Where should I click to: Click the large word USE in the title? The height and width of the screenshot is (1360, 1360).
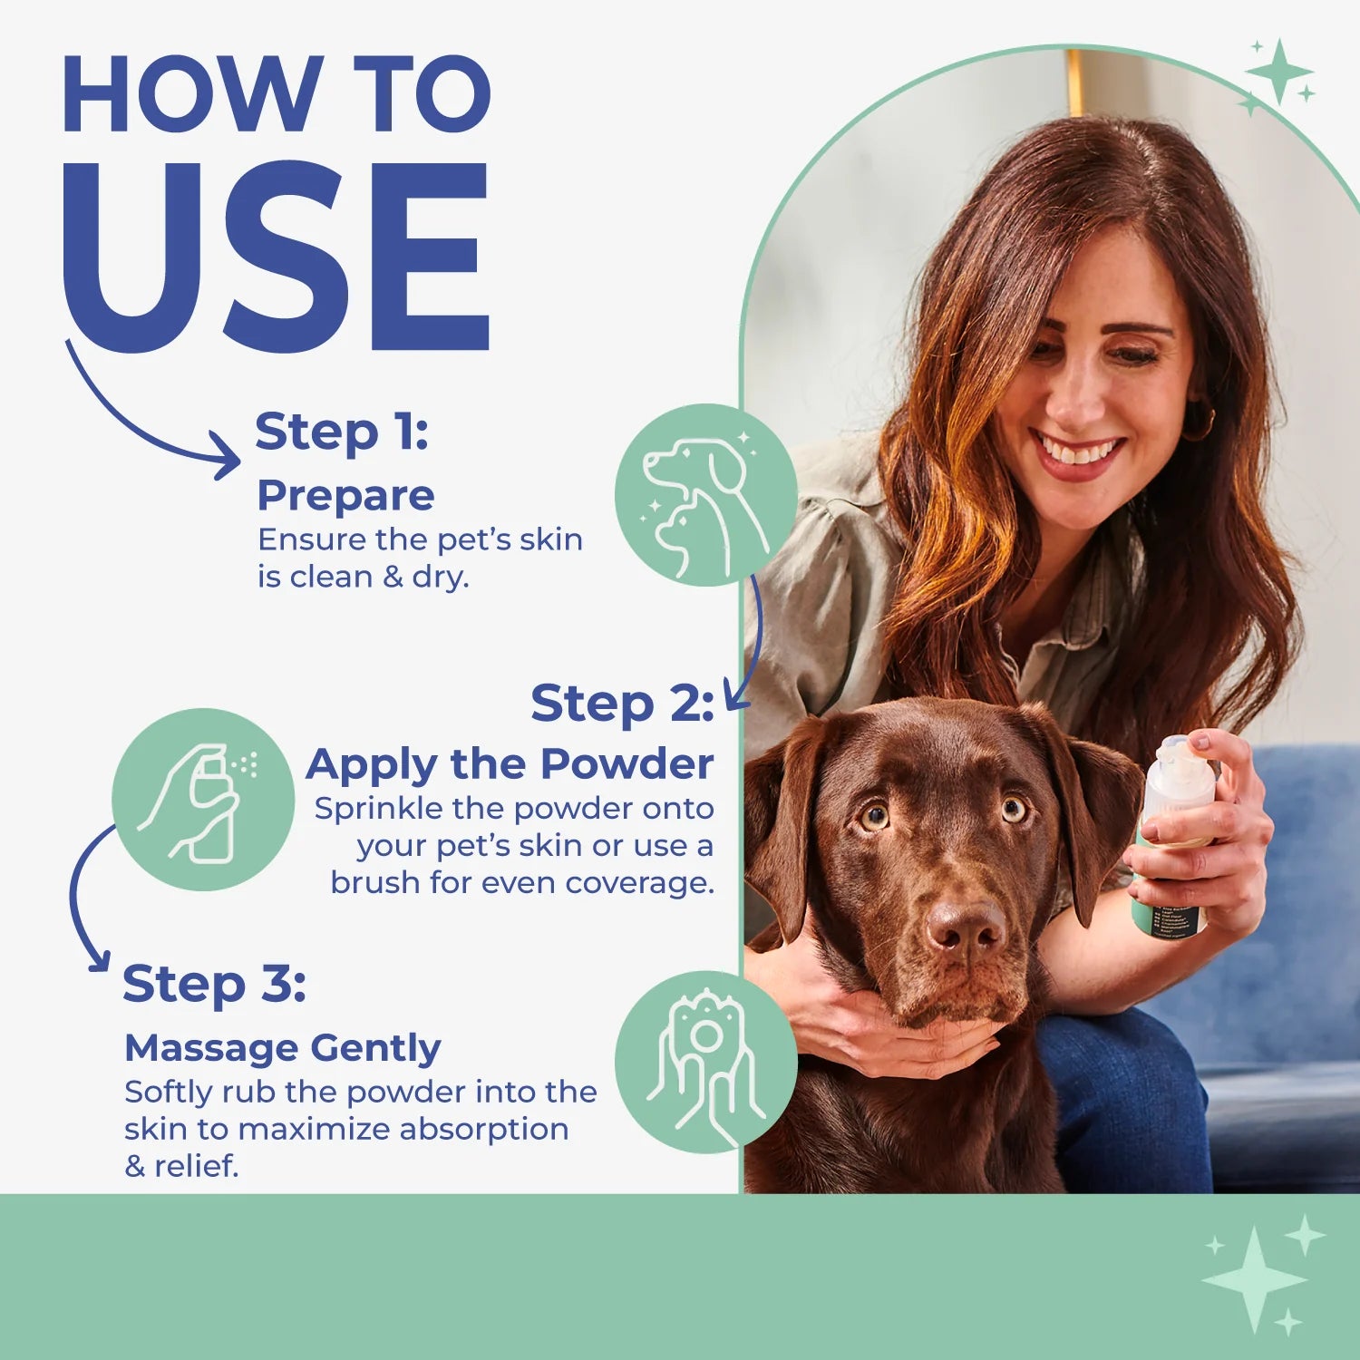pos(277,258)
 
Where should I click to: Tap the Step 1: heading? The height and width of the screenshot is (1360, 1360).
pos(341,432)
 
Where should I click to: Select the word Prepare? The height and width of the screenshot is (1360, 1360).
pos(345,496)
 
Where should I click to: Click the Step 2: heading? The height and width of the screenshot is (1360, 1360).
pos(622,704)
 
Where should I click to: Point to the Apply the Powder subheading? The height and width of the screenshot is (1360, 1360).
pos(510,764)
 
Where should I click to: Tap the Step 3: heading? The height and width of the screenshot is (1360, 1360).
pos(214,984)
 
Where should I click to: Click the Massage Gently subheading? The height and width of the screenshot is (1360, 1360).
pos(282,1048)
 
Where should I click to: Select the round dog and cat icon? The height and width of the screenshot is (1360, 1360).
pos(705,495)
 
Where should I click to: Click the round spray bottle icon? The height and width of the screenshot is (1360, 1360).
pos(203,800)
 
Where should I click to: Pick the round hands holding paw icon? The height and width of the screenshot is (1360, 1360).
pos(705,1062)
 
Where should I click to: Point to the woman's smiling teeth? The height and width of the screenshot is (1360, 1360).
pos(1078,452)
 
